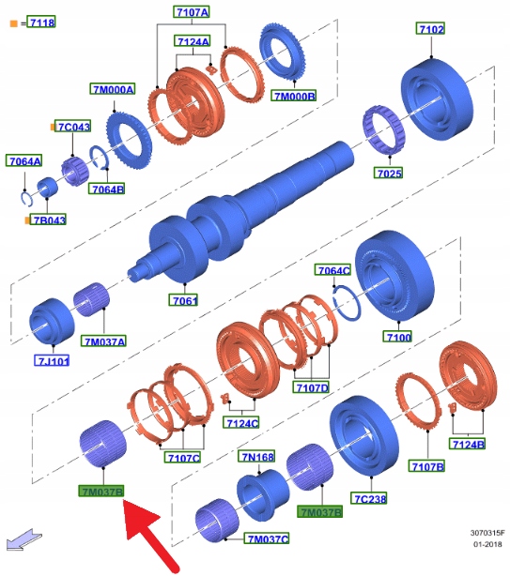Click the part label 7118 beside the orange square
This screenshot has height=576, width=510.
(x=42, y=23)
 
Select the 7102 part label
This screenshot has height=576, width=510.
(x=430, y=29)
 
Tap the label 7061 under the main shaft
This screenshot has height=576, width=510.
(x=183, y=300)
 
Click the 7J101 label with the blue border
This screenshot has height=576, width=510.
(x=52, y=361)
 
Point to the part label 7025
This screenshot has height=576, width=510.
(x=388, y=173)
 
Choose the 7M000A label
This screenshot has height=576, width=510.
(x=113, y=89)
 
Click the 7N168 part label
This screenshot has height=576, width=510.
(x=257, y=456)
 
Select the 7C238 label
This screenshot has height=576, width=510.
(x=369, y=498)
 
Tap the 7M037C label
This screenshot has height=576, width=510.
(x=268, y=538)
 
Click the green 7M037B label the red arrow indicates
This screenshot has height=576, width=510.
(x=101, y=492)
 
